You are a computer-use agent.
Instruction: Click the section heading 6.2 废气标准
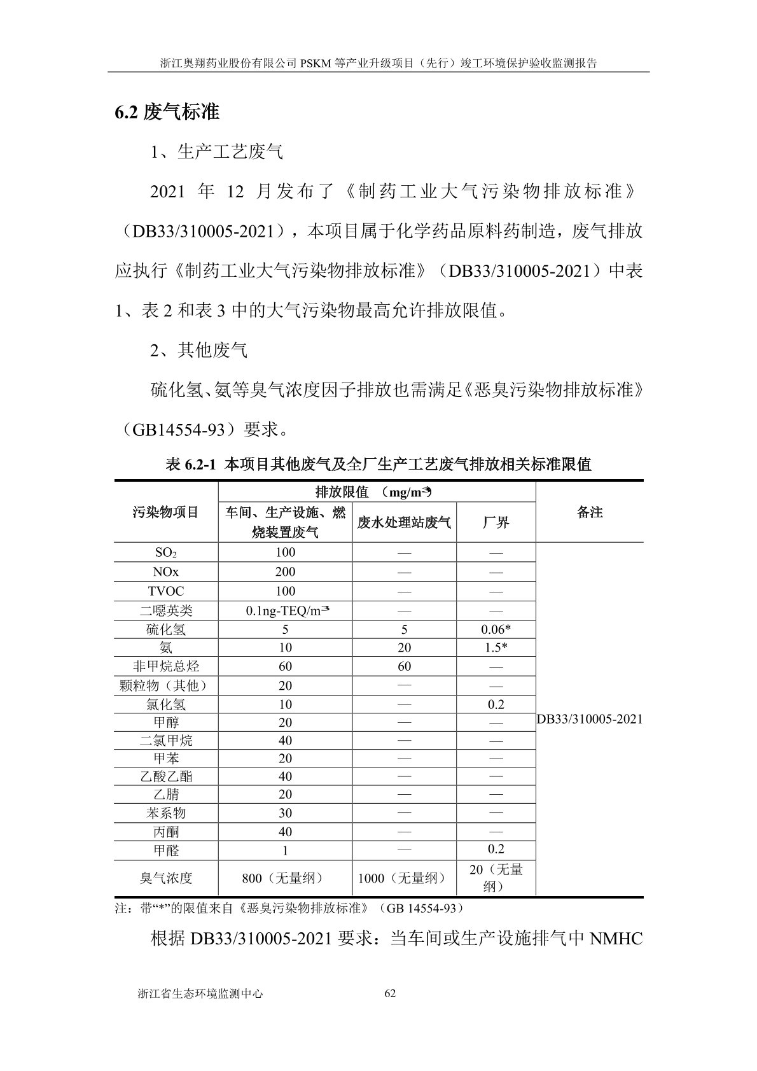[x=167, y=113]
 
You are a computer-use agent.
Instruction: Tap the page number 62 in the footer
[x=391, y=993]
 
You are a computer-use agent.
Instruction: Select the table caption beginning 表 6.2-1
[x=378, y=465]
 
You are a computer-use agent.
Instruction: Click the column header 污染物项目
[x=166, y=512]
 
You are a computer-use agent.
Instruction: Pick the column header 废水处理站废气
[x=404, y=523]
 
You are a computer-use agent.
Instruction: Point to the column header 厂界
[x=496, y=523]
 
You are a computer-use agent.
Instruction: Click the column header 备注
[x=589, y=512]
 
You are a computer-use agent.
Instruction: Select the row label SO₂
[x=166, y=552]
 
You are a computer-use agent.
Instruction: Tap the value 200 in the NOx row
[x=285, y=571]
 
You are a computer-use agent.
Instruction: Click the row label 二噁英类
[x=166, y=611]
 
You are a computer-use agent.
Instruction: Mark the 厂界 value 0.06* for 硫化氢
[x=496, y=629]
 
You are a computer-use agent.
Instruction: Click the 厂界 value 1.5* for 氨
[x=496, y=648]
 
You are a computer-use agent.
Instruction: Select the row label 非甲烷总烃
[x=166, y=666]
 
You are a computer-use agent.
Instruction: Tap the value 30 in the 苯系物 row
[x=285, y=813]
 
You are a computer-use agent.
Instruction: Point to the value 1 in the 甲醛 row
[x=285, y=850]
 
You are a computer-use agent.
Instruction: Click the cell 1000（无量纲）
[x=404, y=878]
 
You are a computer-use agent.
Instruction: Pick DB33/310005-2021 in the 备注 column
[x=589, y=719]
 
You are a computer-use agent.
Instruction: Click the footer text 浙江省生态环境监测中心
[x=200, y=993]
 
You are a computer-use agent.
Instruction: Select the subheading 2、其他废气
[x=198, y=350]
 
